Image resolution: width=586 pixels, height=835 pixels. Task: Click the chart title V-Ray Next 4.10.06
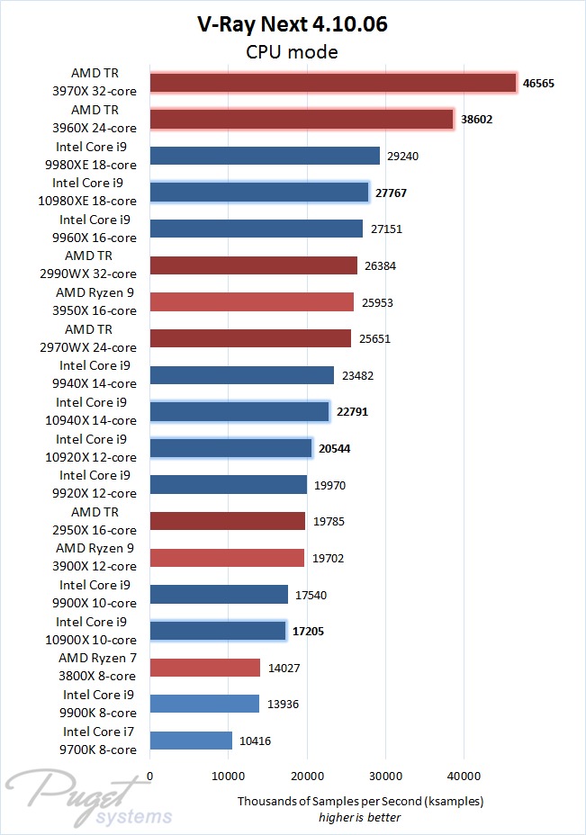pos(293,25)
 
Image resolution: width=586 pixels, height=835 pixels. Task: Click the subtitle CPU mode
pos(293,52)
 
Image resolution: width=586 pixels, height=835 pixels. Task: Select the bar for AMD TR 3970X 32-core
pos(332,83)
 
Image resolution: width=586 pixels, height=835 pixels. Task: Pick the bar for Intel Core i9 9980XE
pos(265,156)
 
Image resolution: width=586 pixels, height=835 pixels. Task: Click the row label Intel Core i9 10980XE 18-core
pos(95,192)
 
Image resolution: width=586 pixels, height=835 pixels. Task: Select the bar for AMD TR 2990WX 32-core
pos(253,265)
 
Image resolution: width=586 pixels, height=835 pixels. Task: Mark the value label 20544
pos(334,448)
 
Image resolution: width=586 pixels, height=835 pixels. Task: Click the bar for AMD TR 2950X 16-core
pos(228,521)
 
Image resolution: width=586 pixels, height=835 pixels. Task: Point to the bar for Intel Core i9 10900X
pos(218,630)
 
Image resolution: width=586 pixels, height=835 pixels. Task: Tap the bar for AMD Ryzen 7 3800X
pos(204,667)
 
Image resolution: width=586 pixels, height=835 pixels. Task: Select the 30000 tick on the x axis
pos(385,774)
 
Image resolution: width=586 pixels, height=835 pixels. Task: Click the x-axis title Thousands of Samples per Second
pos(360,801)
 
